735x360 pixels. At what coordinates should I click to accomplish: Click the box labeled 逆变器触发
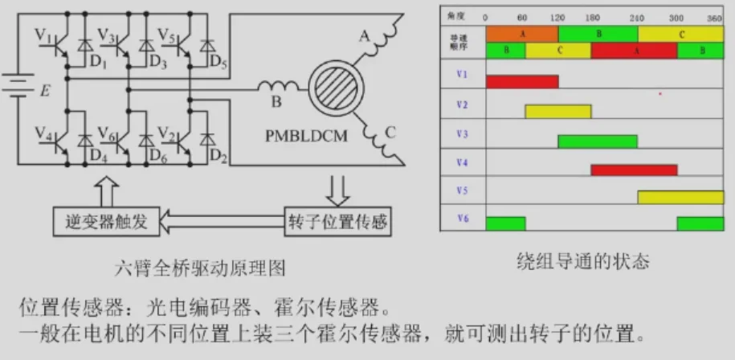107,222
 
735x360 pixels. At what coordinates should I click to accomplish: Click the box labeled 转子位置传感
337,222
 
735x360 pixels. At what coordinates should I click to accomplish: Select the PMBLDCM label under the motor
306,136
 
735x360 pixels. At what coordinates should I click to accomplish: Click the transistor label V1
44,36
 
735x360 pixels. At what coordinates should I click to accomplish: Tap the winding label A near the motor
365,36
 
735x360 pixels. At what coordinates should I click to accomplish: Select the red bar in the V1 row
522,81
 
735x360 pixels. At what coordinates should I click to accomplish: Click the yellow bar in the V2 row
558,111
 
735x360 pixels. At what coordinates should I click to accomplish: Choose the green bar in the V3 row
598,141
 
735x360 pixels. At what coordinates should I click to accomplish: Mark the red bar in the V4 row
634,170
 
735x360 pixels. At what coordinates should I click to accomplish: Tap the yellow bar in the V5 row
680,198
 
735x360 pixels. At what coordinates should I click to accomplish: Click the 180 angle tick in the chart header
593,18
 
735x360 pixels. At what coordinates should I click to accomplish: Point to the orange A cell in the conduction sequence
522,34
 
